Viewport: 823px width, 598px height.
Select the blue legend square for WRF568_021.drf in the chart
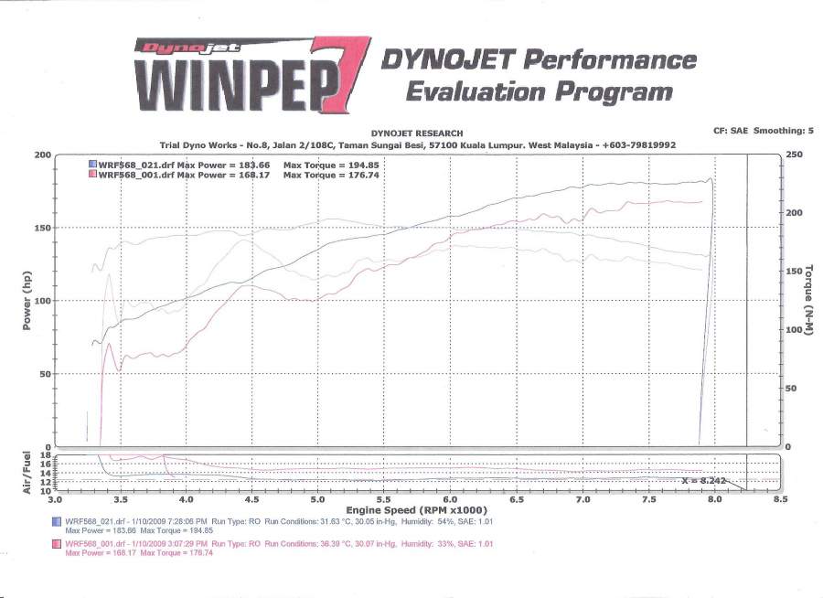(x=91, y=164)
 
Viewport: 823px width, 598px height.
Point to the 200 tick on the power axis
(x=42, y=155)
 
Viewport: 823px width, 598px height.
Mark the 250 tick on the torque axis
(x=793, y=155)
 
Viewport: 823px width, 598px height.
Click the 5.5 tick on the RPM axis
(x=385, y=500)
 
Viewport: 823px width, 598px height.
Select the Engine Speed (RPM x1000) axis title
(x=416, y=510)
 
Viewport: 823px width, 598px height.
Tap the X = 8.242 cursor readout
(x=703, y=479)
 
